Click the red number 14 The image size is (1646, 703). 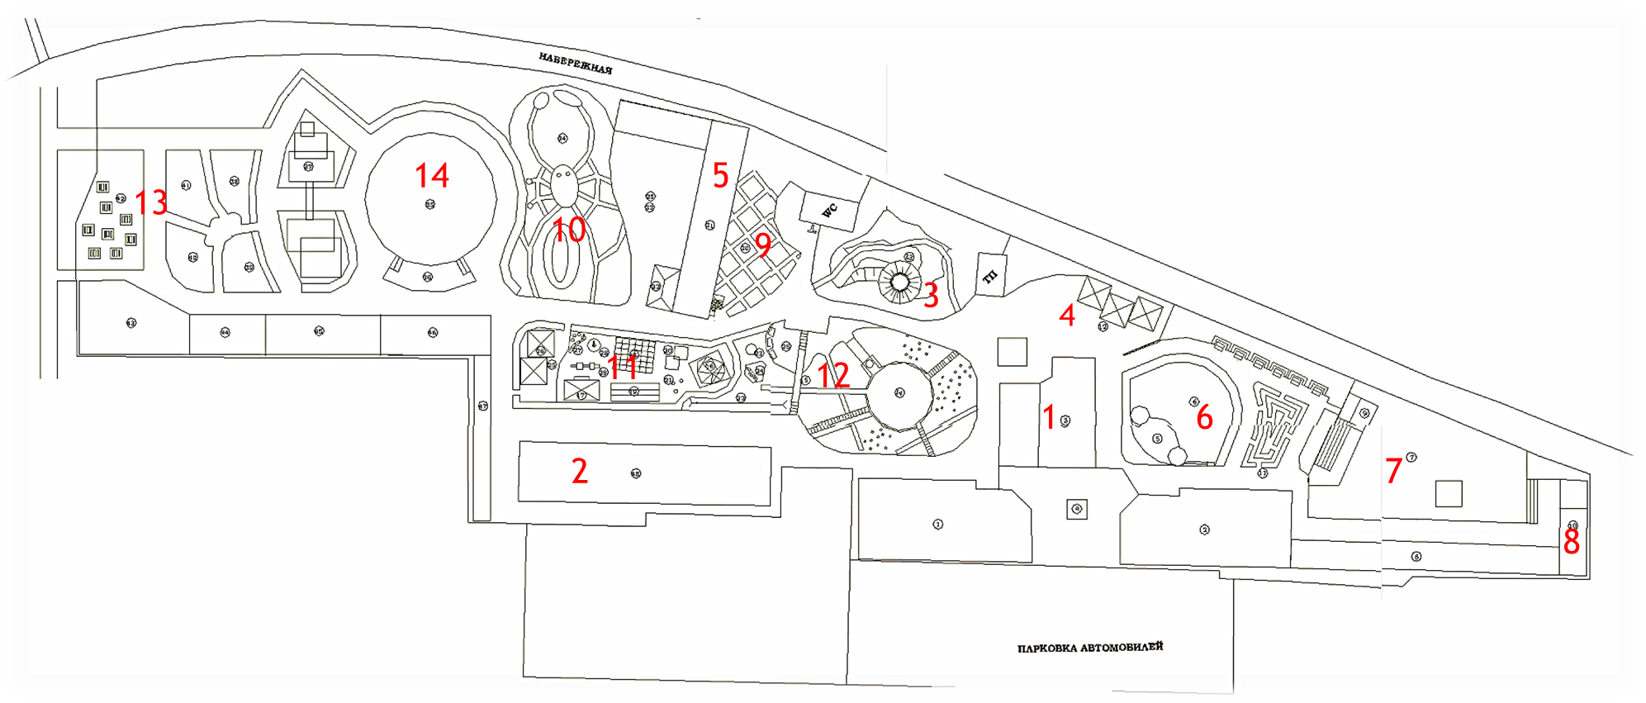(x=432, y=175)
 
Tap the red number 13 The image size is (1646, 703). (x=151, y=202)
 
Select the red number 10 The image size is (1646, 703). (x=569, y=230)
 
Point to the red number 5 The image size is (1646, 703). (x=720, y=175)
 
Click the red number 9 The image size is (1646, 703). (x=763, y=245)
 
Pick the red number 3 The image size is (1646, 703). (x=931, y=296)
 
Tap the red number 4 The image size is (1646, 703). (x=1067, y=315)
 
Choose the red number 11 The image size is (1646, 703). (x=623, y=367)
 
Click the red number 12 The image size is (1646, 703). (x=833, y=376)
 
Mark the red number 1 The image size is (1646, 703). (x=1049, y=417)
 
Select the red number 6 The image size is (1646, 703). (x=1204, y=417)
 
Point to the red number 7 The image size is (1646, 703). (x=1393, y=471)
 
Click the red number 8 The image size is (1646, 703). (x=1571, y=542)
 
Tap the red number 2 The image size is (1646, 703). (x=580, y=471)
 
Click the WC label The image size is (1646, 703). (x=829, y=210)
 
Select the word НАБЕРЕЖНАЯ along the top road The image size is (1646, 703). (x=576, y=64)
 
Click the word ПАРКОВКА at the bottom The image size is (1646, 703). (x=1046, y=648)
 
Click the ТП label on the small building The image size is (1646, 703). (x=990, y=276)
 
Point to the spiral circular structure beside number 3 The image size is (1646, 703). (x=900, y=282)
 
